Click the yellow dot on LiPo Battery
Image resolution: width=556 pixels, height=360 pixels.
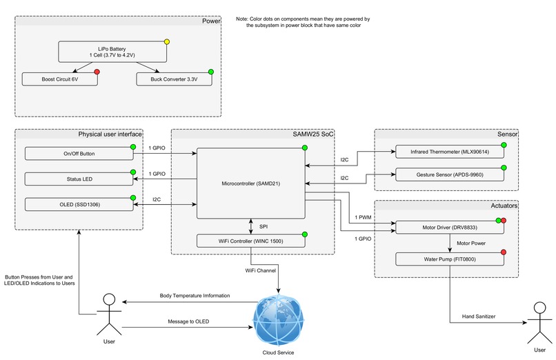[166, 42]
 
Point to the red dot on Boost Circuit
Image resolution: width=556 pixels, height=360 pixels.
[97, 72]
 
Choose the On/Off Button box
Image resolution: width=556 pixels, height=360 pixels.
[78, 154]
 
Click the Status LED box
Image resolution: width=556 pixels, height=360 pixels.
[78, 179]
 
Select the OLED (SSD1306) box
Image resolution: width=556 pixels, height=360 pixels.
[78, 205]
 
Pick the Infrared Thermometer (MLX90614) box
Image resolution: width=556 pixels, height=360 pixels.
[450, 152]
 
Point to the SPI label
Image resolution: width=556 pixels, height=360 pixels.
[264, 226]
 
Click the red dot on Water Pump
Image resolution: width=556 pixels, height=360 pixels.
[504, 252]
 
